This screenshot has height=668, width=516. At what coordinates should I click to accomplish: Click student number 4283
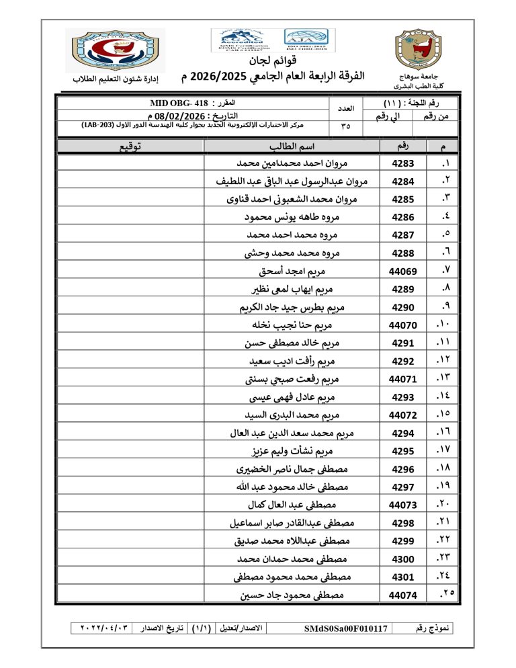point(402,163)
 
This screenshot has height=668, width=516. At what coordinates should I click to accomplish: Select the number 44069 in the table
point(402,272)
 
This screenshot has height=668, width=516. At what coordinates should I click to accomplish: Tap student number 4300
point(402,558)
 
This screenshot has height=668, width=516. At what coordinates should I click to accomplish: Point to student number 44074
point(402,595)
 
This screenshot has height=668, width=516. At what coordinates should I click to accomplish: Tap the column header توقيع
point(130,146)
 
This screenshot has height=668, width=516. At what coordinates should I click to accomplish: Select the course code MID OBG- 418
point(176,104)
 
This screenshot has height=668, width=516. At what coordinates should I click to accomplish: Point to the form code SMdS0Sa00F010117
point(346,628)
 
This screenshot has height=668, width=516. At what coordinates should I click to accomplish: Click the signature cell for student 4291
point(130,343)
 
